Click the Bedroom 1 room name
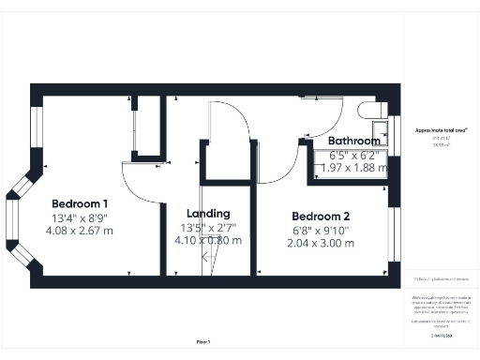(80, 203)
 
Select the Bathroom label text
(353, 141)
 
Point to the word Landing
(208, 213)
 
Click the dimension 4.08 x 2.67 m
(80, 231)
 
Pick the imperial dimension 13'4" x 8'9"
(80, 217)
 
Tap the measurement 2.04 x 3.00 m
(321, 243)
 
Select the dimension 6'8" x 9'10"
(321, 229)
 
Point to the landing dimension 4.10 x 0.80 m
(208, 240)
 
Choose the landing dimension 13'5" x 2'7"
(208, 227)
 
